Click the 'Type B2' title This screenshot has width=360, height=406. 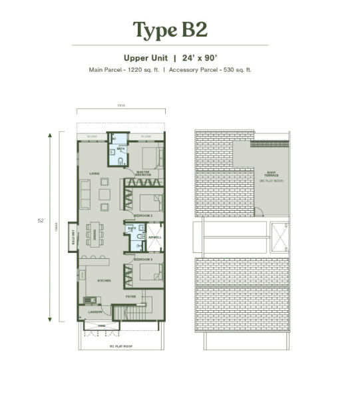[170, 30]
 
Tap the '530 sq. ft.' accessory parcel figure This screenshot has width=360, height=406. [235, 69]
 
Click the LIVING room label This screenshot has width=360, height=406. [94, 174]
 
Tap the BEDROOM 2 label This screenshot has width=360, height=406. [143, 216]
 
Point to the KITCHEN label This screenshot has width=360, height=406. [104, 281]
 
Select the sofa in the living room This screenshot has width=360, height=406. [85, 194]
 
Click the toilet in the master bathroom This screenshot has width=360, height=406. [120, 161]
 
